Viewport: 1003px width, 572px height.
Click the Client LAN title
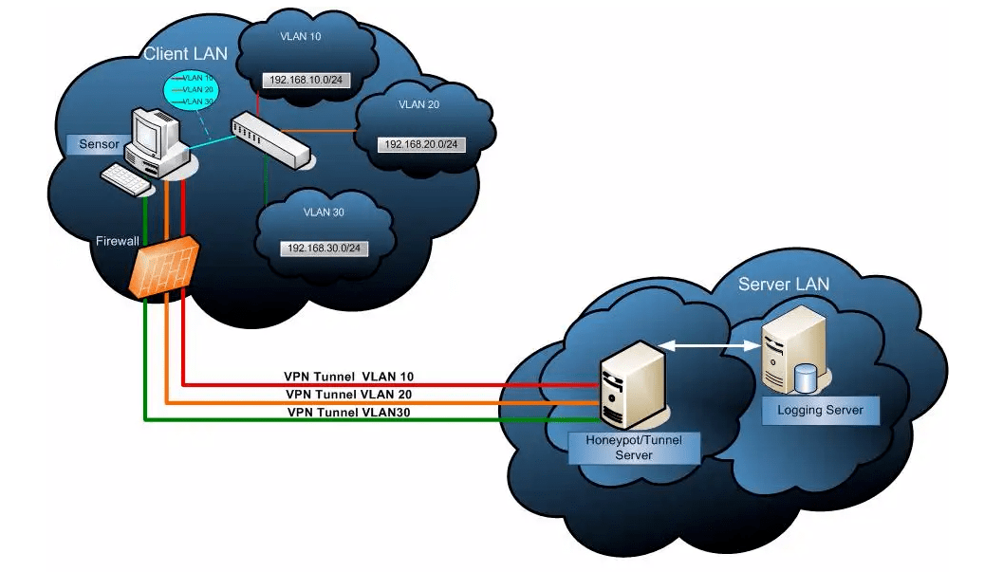coord(185,53)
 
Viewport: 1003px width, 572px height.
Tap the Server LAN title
coord(783,285)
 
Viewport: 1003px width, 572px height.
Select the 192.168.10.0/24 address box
coord(307,81)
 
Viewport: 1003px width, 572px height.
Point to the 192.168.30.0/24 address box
coord(325,248)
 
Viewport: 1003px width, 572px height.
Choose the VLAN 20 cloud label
coord(418,104)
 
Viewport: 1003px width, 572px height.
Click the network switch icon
coord(270,139)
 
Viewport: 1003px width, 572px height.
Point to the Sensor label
coord(95,145)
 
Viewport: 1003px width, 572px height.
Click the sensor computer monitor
coord(154,133)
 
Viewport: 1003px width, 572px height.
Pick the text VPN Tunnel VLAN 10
coord(349,376)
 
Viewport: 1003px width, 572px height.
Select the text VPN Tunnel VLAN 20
coord(349,394)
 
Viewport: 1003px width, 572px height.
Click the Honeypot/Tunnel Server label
coord(634,448)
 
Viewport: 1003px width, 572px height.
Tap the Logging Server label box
coord(820,410)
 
